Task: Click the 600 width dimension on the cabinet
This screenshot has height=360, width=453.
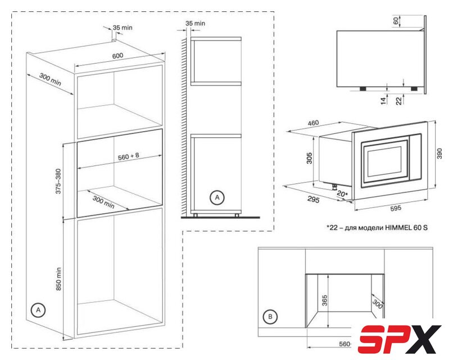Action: point(117,56)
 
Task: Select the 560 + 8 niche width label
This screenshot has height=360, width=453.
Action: point(129,156)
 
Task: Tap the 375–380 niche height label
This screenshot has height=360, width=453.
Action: point(58,181)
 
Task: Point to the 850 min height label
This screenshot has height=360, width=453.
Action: point(58,279)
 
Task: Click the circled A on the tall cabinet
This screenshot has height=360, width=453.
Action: point(38,310)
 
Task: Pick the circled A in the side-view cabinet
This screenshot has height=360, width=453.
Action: point(217,198)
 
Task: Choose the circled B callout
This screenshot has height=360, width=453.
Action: point(270,317)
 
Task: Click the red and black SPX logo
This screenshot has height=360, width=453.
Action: point(400,339)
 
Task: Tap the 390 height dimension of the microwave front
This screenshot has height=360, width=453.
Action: point(440,154)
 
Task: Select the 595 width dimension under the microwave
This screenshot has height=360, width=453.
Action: point(396,208)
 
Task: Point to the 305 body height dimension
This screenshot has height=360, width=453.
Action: point(309,158)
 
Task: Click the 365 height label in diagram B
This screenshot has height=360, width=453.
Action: point(325,301)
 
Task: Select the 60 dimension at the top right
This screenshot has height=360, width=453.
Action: point(396,20)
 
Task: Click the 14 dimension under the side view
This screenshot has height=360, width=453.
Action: point(384,101)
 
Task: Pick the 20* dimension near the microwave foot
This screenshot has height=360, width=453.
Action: point(342,194)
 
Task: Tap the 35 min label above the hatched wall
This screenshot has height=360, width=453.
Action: point(195,23)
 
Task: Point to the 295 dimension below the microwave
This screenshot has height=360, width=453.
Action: point(313,200)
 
